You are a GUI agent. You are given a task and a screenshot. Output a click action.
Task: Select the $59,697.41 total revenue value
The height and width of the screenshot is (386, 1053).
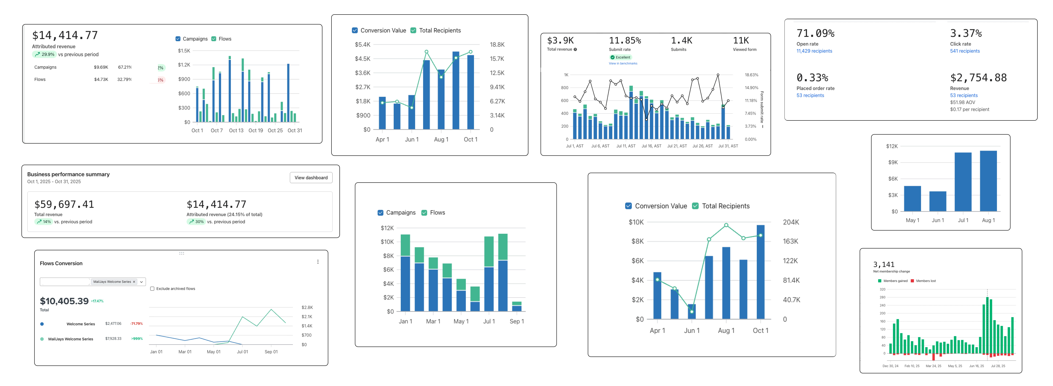point(64,204)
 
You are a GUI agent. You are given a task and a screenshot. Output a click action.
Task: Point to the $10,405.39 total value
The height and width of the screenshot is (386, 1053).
point(64,301)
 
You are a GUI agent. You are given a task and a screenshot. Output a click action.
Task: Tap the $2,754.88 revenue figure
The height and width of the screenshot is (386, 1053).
point(978,78)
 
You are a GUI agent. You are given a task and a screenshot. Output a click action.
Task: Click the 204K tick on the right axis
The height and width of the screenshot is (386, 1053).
point(791,222)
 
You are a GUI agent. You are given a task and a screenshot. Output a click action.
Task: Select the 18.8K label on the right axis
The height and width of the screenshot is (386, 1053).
point(497,45)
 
